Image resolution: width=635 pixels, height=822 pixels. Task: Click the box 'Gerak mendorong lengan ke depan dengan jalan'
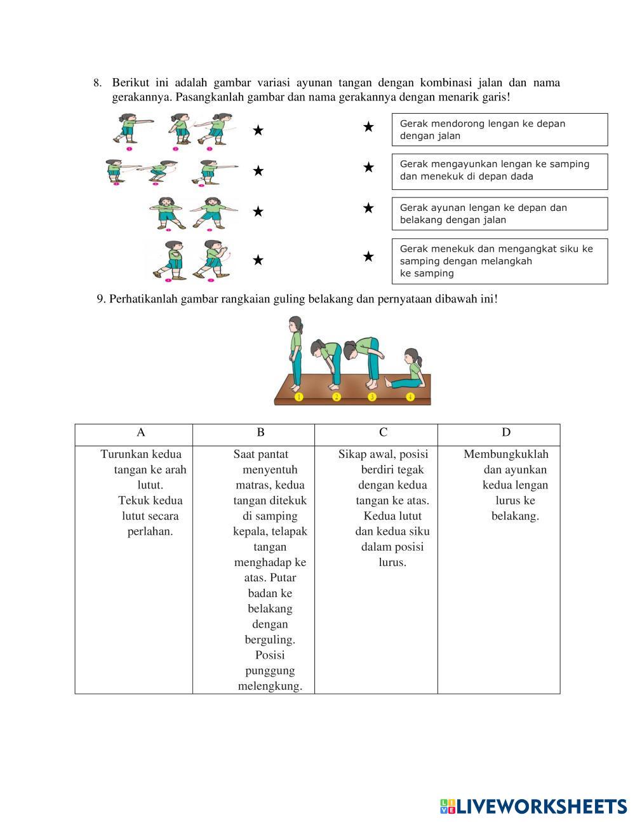coord(499,130)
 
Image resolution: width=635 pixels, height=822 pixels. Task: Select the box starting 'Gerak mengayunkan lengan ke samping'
coord(499,171)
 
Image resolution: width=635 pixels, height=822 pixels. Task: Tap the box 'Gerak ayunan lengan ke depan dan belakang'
coord(499,213)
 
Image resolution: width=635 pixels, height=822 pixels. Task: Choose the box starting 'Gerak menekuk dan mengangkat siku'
coord(499,261)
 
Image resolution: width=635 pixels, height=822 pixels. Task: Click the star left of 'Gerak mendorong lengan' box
coord(368,127)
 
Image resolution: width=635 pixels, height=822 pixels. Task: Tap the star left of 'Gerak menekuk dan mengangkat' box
coord(368,257)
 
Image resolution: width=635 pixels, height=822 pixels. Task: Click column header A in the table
coord(141,433)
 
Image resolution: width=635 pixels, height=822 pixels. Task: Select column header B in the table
coord(260,433)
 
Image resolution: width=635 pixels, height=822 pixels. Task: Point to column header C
coord(383,433)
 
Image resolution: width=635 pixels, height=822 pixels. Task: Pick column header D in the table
coord(505,433)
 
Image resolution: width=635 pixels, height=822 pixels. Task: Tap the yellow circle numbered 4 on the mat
coord(410,397)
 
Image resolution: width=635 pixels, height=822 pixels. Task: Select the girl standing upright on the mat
coord(295,353)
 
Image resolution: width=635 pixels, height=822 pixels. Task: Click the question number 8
coord(97,83)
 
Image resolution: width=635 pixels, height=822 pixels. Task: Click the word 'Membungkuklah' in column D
coord(506,454)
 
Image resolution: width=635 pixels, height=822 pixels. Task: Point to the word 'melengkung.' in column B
coord(270,686)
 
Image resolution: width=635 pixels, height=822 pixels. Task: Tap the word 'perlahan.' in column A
coord(150,532)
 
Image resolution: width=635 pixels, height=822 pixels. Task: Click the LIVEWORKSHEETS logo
coord(533,806)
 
